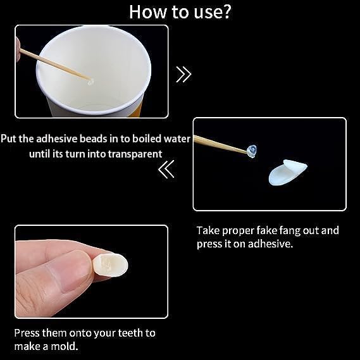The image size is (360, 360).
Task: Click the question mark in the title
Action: (225, 12)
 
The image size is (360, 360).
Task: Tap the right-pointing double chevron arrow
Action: (183, 74)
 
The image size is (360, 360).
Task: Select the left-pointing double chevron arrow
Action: (166, 169)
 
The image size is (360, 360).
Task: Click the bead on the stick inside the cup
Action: (91, 82)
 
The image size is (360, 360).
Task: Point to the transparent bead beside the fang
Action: (252, 151)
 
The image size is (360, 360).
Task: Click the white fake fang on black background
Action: (287, 172)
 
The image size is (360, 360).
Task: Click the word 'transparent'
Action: (135, 154)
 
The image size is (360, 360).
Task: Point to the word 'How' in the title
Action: (147, 12)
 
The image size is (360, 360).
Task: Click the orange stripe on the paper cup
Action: (136, 108)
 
